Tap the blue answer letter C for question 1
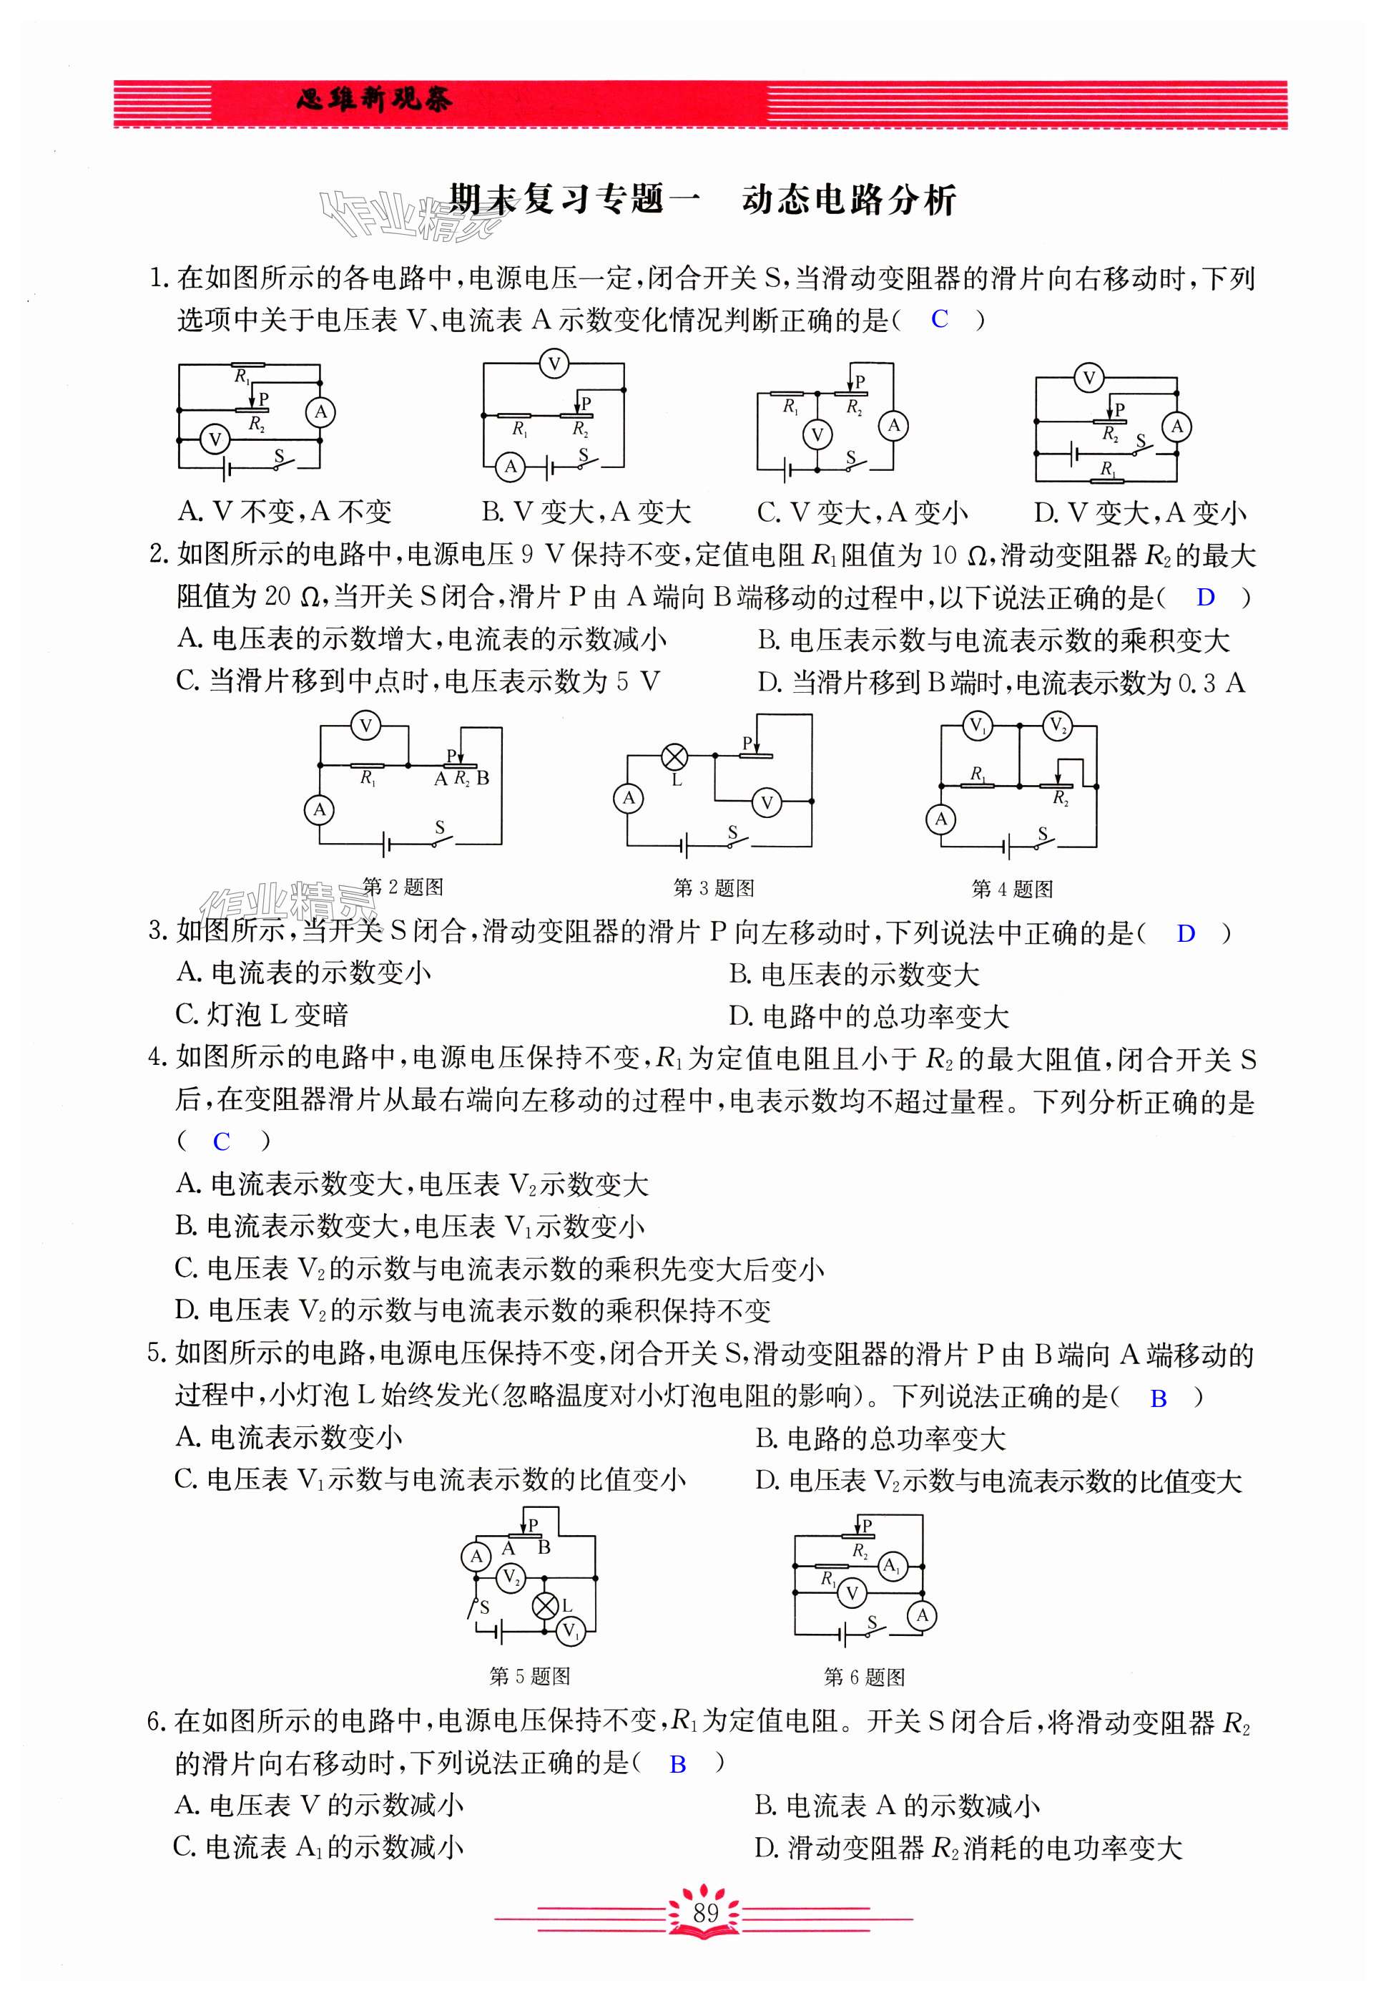(939, 319)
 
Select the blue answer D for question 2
(1205, 597)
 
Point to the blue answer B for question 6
(678, 1764)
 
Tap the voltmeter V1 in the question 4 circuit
(977, 726)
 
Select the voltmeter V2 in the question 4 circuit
(1057, 726)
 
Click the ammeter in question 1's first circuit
(320, 412)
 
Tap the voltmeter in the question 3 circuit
(766, 803)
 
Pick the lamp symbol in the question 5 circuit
(544, 1606)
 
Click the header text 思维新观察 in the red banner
(373, 101)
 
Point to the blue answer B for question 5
(1158, 1398)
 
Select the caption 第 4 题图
(1012, 888)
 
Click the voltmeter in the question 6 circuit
(852, 1592)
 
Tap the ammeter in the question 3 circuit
(629, 798)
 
